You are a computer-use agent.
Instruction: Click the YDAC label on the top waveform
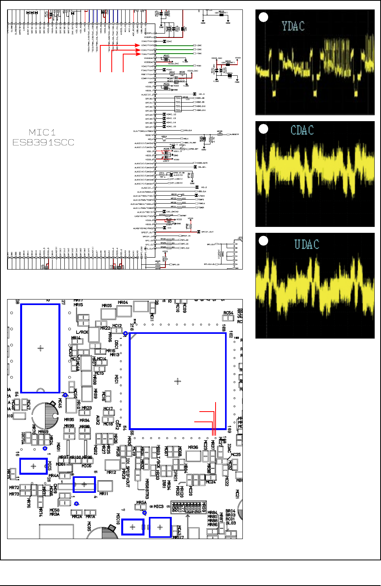coord(293,26)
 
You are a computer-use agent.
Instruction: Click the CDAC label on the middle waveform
coord(302,130)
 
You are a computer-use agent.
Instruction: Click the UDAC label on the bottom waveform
coord(306,244)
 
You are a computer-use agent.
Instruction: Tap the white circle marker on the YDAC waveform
coord(263,17)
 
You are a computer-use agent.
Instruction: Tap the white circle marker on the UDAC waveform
coord(263,240)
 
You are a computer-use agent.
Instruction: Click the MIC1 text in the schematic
coord(42,132)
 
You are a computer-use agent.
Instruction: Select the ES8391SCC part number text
coord(43,142)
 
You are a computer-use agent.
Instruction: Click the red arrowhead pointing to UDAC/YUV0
coord(138,45)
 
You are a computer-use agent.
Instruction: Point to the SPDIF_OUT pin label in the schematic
coord(148,232)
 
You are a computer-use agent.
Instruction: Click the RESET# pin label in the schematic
coord(149,135)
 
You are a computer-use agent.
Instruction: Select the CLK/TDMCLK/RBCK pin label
coord(143,131)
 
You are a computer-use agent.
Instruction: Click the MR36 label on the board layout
coord(193,447)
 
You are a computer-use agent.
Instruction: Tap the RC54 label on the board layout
coord(228,313)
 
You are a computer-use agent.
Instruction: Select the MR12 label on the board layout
coord(111,472)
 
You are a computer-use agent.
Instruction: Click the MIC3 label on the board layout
coord(158,506)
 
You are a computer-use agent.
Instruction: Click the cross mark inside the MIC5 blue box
coord(33,466)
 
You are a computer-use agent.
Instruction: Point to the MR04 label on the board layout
coord(123,303)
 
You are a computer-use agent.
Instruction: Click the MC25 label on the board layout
coord(236,455)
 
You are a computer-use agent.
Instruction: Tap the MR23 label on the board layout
coord(86,408)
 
